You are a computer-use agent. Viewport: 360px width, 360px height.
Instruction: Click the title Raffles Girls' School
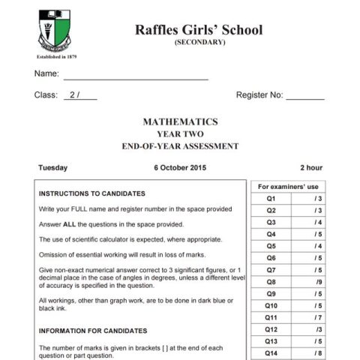[x=199, y=29]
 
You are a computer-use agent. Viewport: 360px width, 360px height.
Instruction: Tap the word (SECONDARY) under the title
[x=199, y=42]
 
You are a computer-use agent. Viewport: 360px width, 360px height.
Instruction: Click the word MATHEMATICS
[x=180, y=121]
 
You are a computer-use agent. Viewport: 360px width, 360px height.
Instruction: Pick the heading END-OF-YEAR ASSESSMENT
[x=180, y=146]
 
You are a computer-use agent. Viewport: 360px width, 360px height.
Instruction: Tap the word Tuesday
[x=53, y=168]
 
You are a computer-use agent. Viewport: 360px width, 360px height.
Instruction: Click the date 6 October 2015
[x=180, y=168]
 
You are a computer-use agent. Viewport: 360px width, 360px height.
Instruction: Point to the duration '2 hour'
[x=310, y=168]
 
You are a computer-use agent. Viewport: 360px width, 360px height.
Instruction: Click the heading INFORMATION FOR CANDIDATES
[x=93, y=330]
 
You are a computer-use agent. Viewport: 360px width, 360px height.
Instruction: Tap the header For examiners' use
[x=288, y=186]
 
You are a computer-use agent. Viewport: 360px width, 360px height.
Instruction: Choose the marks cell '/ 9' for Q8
[x=319, y=282]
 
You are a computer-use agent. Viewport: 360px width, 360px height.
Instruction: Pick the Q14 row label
[x=271, y=353]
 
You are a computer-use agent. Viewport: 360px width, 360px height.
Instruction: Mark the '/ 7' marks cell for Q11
[x=319, y=318]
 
